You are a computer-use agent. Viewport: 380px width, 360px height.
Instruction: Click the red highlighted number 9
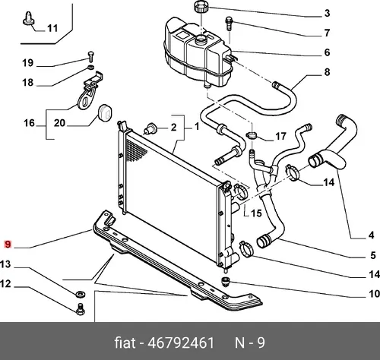click(x=8, y=245)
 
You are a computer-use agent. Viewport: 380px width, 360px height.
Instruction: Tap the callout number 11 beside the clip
click(x=52, y=28)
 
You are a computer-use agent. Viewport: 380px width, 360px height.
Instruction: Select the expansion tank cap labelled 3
click(x=201, y=6)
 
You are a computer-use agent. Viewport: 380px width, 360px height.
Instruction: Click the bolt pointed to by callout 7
click(x=229, y=24)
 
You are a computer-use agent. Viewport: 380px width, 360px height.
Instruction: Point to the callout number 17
click(x=280, y=136)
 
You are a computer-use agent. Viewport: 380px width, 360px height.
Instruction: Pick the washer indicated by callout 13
click(x=81, y=295)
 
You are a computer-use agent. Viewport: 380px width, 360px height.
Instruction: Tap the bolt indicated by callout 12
click(x=81, y=309)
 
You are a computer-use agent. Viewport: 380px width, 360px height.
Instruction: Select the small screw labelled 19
click(x=90, y=56)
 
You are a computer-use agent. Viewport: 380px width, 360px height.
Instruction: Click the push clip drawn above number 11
click(x=29, y=18)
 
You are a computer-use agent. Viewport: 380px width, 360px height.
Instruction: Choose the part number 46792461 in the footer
click(x=181, y=343)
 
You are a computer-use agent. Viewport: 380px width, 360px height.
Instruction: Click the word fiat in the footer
click(x=125, y=343)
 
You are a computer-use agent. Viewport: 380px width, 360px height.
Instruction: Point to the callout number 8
click(x=327, y=72)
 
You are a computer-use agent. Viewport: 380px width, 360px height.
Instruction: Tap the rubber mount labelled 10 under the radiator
click(x=225, y=282)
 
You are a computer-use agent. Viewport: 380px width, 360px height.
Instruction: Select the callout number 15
click(x=256, y=213)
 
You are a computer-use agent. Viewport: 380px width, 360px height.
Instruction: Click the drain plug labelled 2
click(x=150, y=128)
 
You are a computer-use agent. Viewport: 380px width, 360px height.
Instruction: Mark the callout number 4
click(x=371, y=235)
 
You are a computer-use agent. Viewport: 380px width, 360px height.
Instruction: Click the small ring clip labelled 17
click(x=252, y=135)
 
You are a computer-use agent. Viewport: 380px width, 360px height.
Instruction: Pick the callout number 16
click(x=29, y=123)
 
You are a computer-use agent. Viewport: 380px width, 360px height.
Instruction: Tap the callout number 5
click(x=373, y=255)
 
